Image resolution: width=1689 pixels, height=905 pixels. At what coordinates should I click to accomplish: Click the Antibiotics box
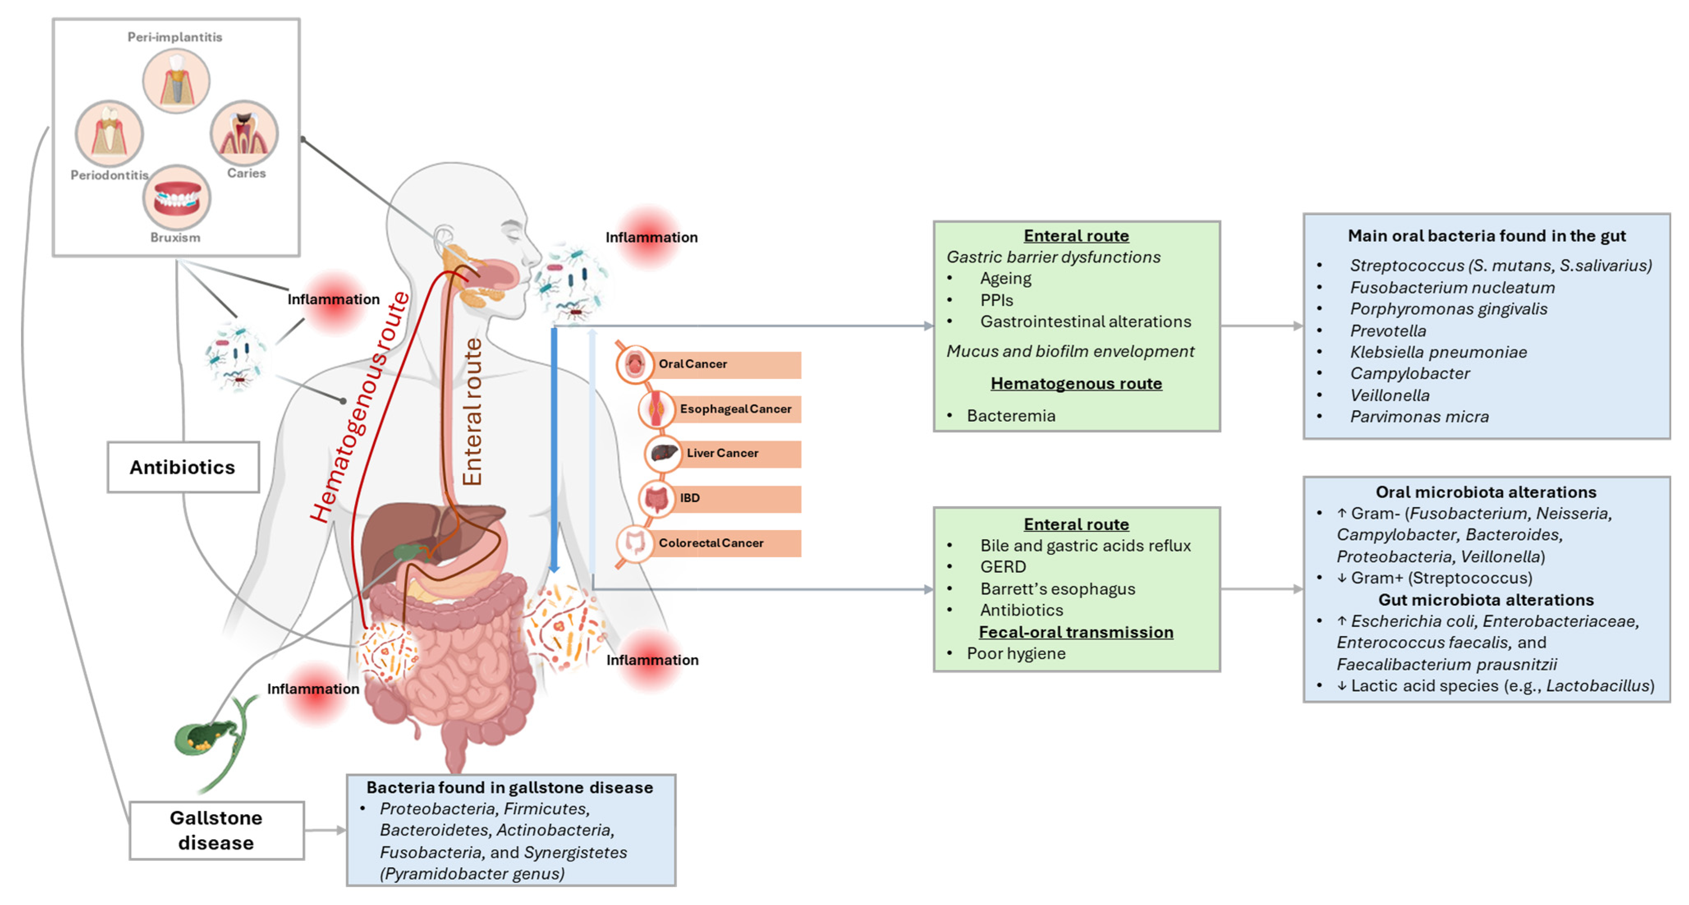(x=183, y=467)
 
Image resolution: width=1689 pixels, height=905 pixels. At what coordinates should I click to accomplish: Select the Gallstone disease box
(x=216, y=830)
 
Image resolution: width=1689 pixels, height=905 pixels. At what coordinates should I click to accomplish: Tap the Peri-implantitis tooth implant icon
(x=176, y=80)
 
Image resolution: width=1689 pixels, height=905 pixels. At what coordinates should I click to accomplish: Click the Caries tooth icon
(x=244, y=133)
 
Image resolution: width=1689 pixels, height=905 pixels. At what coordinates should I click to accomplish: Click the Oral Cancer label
(x=693, y=364)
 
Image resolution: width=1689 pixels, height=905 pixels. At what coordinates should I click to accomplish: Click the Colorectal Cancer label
(x=711, y=543)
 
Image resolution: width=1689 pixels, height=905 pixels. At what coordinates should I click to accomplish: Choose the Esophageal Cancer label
(x=735, y=409)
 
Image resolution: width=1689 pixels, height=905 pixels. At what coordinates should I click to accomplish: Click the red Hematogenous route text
(x=359, y=407)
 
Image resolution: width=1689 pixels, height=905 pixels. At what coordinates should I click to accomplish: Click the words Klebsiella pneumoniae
(x=1438, y=352)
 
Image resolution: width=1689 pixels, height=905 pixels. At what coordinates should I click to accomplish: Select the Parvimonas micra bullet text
(x=1419, y=416)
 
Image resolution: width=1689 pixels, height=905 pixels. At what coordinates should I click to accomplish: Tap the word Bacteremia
(x=1011, y=416)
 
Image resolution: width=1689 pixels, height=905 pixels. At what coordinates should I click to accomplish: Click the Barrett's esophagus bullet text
(x=1057, y=589)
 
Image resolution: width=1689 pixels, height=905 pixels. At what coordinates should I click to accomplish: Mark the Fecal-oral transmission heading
(x=1075, y=632)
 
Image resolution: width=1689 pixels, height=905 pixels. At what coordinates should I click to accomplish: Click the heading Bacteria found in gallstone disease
(x=509, y=787)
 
